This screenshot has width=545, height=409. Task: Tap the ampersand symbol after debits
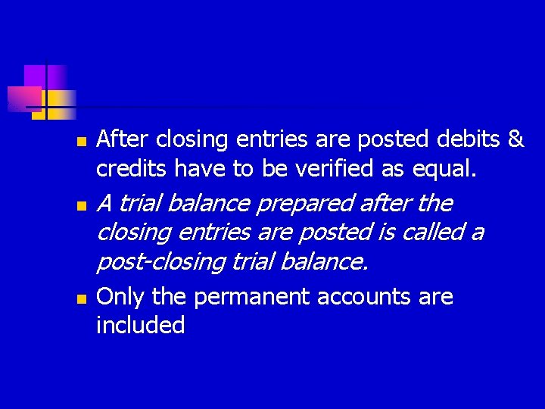(515, 140)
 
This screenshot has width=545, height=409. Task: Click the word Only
(122, 298)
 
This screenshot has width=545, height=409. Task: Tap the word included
(141, 326)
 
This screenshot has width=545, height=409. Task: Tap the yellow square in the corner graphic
(59, 104)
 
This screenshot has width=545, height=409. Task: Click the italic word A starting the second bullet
(105, 204)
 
